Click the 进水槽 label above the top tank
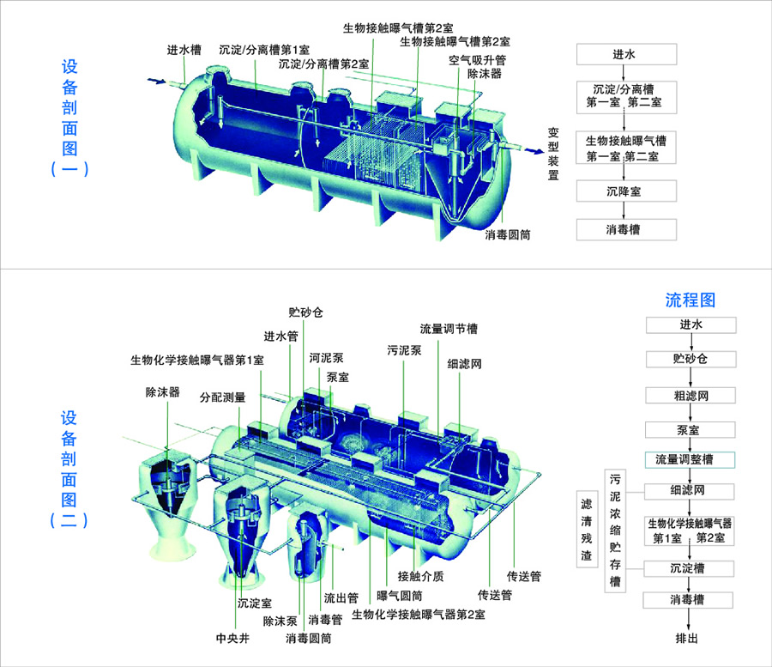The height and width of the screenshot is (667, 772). point(184,50)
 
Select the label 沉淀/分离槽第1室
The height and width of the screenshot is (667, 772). point(264,50)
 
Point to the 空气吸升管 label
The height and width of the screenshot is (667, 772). point(477,60)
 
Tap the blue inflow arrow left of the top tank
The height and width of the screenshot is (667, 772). point(157,81)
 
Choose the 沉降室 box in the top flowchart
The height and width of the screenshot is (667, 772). point(626,191)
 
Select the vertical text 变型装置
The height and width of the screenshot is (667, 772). point(553,154)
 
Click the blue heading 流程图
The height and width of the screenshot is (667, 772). point(691,300)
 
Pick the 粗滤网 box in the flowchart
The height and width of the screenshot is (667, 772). point(691,395)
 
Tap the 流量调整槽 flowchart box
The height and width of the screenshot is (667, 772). point(690,459)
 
